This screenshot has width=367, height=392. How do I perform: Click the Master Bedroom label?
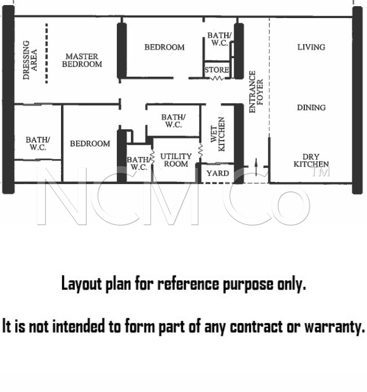[82, 60]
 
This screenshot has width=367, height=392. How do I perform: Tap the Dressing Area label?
[30, 60]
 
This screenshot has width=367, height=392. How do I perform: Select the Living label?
[311, 47]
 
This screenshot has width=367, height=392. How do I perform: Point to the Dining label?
[311, 107]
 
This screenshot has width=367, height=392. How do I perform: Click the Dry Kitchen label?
[311, 160]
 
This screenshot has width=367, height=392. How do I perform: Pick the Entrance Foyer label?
[256, 92]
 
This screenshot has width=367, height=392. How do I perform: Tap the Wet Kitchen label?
[217, 134]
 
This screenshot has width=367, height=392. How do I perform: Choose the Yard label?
[218, 173]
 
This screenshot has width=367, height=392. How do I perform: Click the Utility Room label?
[176, 160]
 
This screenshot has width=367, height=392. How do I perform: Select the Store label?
[217, 69]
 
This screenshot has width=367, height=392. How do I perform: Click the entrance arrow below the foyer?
[256, 167]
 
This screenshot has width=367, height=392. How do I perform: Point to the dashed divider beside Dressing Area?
[46, 53]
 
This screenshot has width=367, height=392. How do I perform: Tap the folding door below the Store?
[217, 79]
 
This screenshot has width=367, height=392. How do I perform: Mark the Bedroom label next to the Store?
[164, 47]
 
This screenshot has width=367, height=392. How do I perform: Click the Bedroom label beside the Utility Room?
[90, 143]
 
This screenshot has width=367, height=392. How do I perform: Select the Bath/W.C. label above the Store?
[219, 39]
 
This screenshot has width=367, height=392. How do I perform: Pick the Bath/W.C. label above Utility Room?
[173, 121]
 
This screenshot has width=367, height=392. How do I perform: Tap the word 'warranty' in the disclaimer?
[334, 326]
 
